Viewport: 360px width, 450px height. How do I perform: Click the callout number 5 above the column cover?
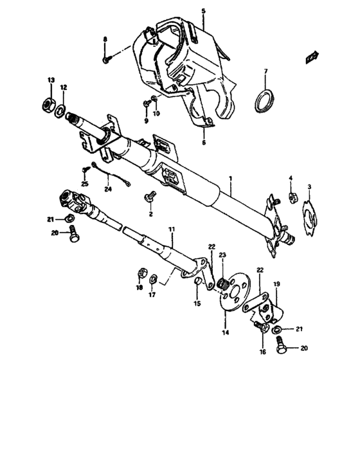tap(203, 12)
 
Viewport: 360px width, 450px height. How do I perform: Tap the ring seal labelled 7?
tap(265, 100)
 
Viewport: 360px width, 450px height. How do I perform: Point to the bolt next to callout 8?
tap(106, 59)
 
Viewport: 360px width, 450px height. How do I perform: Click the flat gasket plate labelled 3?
tap(310, 218)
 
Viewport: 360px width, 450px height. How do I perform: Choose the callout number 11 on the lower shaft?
tap(172, 230)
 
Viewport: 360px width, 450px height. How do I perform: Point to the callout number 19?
tap(278, 283)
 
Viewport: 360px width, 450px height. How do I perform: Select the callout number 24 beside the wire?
tap(108, 189)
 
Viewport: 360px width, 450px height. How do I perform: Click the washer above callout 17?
tap(154, 279)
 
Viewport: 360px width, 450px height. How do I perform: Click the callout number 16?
tap(262, 352)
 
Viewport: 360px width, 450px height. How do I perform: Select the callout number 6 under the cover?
tap(205, 143)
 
